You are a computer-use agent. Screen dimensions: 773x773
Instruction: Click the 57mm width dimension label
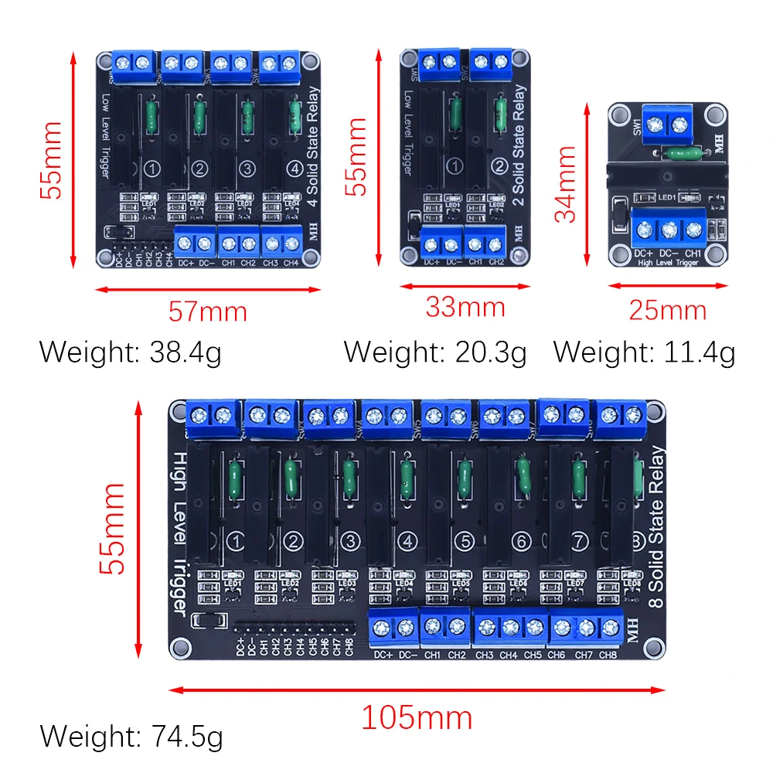click(207, 312)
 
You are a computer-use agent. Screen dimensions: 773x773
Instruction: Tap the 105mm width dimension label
click(417, 718)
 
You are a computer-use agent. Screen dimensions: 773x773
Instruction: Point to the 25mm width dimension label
click(667, 310)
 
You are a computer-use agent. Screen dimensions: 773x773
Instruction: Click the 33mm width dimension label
click(465, 307)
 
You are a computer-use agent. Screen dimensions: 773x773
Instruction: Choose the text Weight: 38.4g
click(131, 352)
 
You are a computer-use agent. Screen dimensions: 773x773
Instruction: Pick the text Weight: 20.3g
click(435, 352)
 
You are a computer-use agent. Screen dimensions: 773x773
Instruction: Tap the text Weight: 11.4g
click(644, 352)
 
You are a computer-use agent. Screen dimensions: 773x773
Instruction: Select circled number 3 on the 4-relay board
click(247, 168)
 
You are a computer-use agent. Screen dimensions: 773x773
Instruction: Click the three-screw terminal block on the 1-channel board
click(670, 229)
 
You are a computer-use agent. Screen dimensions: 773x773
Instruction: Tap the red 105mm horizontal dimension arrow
click(417, 690)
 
